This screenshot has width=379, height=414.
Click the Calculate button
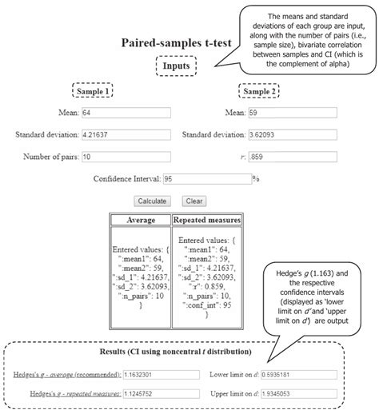152,201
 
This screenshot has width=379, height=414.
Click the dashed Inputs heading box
177,64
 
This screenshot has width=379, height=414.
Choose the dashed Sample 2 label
260,90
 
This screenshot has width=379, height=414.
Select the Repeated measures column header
206,219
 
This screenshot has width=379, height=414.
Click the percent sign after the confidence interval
256,180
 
